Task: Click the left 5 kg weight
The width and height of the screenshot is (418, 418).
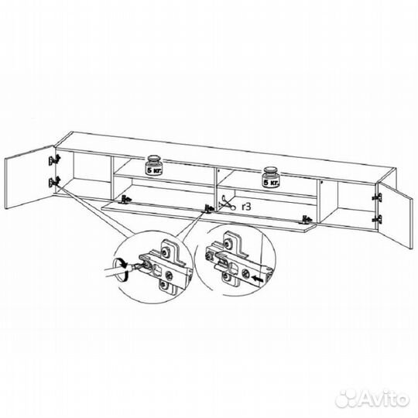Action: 154,166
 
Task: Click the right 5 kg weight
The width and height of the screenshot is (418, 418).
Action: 271,177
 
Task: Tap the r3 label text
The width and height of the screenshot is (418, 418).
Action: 246,207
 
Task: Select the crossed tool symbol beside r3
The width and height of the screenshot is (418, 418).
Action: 227,204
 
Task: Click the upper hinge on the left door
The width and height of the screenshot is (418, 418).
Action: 54,160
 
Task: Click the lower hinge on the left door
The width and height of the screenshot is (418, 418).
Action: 54,182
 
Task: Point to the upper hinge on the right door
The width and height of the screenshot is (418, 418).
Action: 377,197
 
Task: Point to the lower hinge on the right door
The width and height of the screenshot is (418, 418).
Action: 377,219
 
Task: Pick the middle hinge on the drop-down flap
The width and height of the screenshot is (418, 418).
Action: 208,208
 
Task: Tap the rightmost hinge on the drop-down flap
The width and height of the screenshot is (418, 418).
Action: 307,219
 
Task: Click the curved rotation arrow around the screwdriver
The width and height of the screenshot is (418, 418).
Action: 121,270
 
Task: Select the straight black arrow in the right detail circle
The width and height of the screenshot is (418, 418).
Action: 257,279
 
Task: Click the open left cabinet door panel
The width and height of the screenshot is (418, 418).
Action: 29,177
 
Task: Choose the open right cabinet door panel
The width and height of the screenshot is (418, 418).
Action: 394,214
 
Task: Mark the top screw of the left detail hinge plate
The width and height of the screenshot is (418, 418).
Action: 167,252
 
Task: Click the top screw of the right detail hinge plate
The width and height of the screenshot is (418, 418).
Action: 228,243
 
